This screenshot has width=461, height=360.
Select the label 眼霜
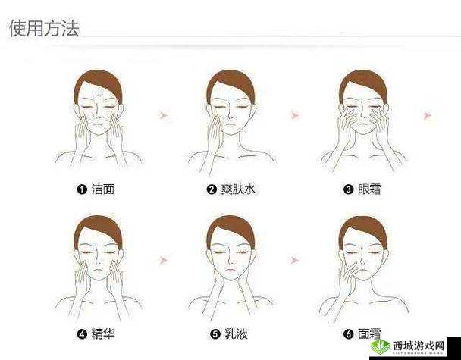(x=369, y=189)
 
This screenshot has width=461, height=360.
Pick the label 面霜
(x=369, y=333)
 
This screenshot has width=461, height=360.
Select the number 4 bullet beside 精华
(x=82, y=333)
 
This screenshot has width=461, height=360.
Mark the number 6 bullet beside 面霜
(x=349, y=333)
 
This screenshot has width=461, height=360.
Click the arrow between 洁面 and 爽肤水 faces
(x=163, y=114)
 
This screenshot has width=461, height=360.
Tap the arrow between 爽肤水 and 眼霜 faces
(x=295, y=114)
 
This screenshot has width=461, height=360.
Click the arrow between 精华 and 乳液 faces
(x=163, y=260)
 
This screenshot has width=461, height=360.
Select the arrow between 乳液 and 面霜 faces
(x=295, y=260)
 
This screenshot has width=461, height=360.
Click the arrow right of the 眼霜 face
(x=428, y=114)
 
